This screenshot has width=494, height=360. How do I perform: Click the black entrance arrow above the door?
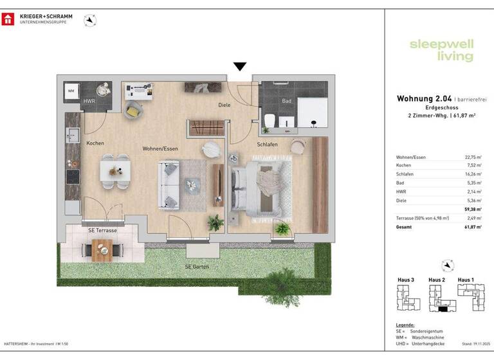(x=240, y=66)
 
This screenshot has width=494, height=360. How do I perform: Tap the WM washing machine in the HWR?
(x=71, y=92)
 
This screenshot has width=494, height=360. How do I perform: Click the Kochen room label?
(x=95, y=143)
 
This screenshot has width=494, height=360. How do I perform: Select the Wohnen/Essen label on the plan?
(x=160, y=148)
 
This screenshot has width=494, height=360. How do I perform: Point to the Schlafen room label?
(x=267, y=145)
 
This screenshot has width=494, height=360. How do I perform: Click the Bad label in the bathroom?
(x=286, y=101)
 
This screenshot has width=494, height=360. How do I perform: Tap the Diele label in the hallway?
(x=224, y=105)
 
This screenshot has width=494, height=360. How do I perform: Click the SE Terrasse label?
(x=102, y=230)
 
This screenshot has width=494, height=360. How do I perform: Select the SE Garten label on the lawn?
(x=197, y=266)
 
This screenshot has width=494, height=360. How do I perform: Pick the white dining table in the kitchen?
(x=115, y=170)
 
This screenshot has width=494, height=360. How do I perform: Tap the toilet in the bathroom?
(x=272, y=120)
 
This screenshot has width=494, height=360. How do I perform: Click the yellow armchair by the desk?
(x=133, y=110)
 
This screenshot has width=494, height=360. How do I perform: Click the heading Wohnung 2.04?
(x=425, y=99)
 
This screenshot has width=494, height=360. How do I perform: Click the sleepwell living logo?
(x=441, y=50)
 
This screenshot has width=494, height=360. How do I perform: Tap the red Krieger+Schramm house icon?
(x=8, y=19)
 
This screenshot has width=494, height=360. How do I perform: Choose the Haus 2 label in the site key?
(x=437, y=280)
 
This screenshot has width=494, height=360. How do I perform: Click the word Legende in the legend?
(x=406, y=325)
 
